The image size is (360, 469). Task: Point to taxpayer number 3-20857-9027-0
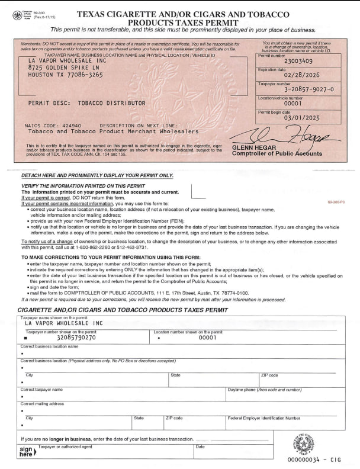(x=301, y=89)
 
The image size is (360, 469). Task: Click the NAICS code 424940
(x=69, y=126)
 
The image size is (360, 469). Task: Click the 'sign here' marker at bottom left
(x=25, y=451)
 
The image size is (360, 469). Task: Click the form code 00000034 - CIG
(x=314, y=460)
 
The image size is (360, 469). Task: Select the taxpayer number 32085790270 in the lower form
(x=72, y=338)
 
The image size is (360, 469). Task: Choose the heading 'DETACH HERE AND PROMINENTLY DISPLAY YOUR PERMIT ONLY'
(x=97, y=175)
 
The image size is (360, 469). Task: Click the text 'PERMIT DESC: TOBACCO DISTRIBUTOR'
(x=86, y=103)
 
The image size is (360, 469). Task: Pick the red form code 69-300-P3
(x=336, y=203)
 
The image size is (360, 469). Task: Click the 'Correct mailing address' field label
(x=42, y=404)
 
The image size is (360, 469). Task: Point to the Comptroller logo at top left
(x=19, y=15)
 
